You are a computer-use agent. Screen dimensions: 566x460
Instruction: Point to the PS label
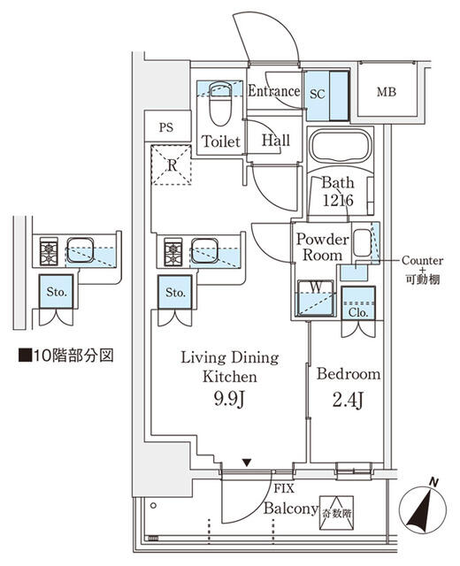pyautogui.click(x=166, y=127)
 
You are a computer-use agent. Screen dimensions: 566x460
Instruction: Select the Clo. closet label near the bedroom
pyautogui.click(x=357, y=310)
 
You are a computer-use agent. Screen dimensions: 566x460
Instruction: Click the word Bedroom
pyautogui.click(x=349, y=374)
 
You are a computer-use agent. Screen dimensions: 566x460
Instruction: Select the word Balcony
pyautogui.click(x=290, y=509)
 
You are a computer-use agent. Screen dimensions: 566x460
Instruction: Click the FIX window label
pyautogui.click(x=284, y=488)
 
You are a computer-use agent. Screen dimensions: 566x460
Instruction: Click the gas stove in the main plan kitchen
pyautogui.click(x=171, y=252)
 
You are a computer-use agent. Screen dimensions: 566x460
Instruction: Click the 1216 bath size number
pyautogui.click(x=338, y=201)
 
